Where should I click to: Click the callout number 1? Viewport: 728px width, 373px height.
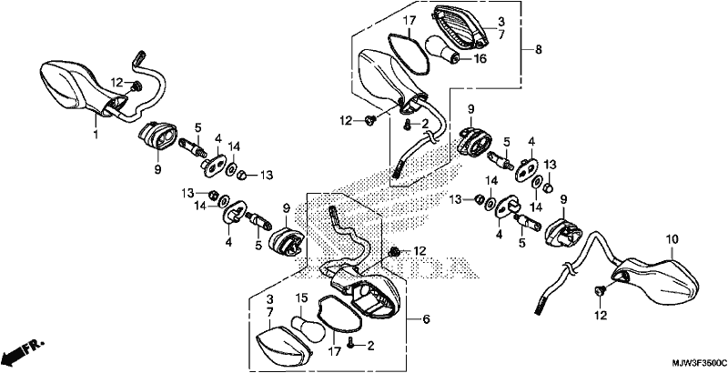(96, 135)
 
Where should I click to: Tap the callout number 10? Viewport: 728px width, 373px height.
(672, 240)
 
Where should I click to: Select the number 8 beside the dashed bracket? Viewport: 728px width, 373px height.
(538, 50)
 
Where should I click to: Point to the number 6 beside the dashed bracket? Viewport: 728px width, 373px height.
(426, 319)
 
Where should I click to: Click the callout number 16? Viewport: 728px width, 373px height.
(480, 59)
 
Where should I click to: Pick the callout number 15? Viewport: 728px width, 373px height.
(302, 297)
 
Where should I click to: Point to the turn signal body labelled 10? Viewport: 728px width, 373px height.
(654, 282)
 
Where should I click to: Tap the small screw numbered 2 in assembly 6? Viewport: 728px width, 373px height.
(351, 344)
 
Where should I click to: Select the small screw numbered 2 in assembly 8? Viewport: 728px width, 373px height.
(407, 124)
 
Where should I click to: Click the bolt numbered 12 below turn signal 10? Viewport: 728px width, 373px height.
(600, 291)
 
